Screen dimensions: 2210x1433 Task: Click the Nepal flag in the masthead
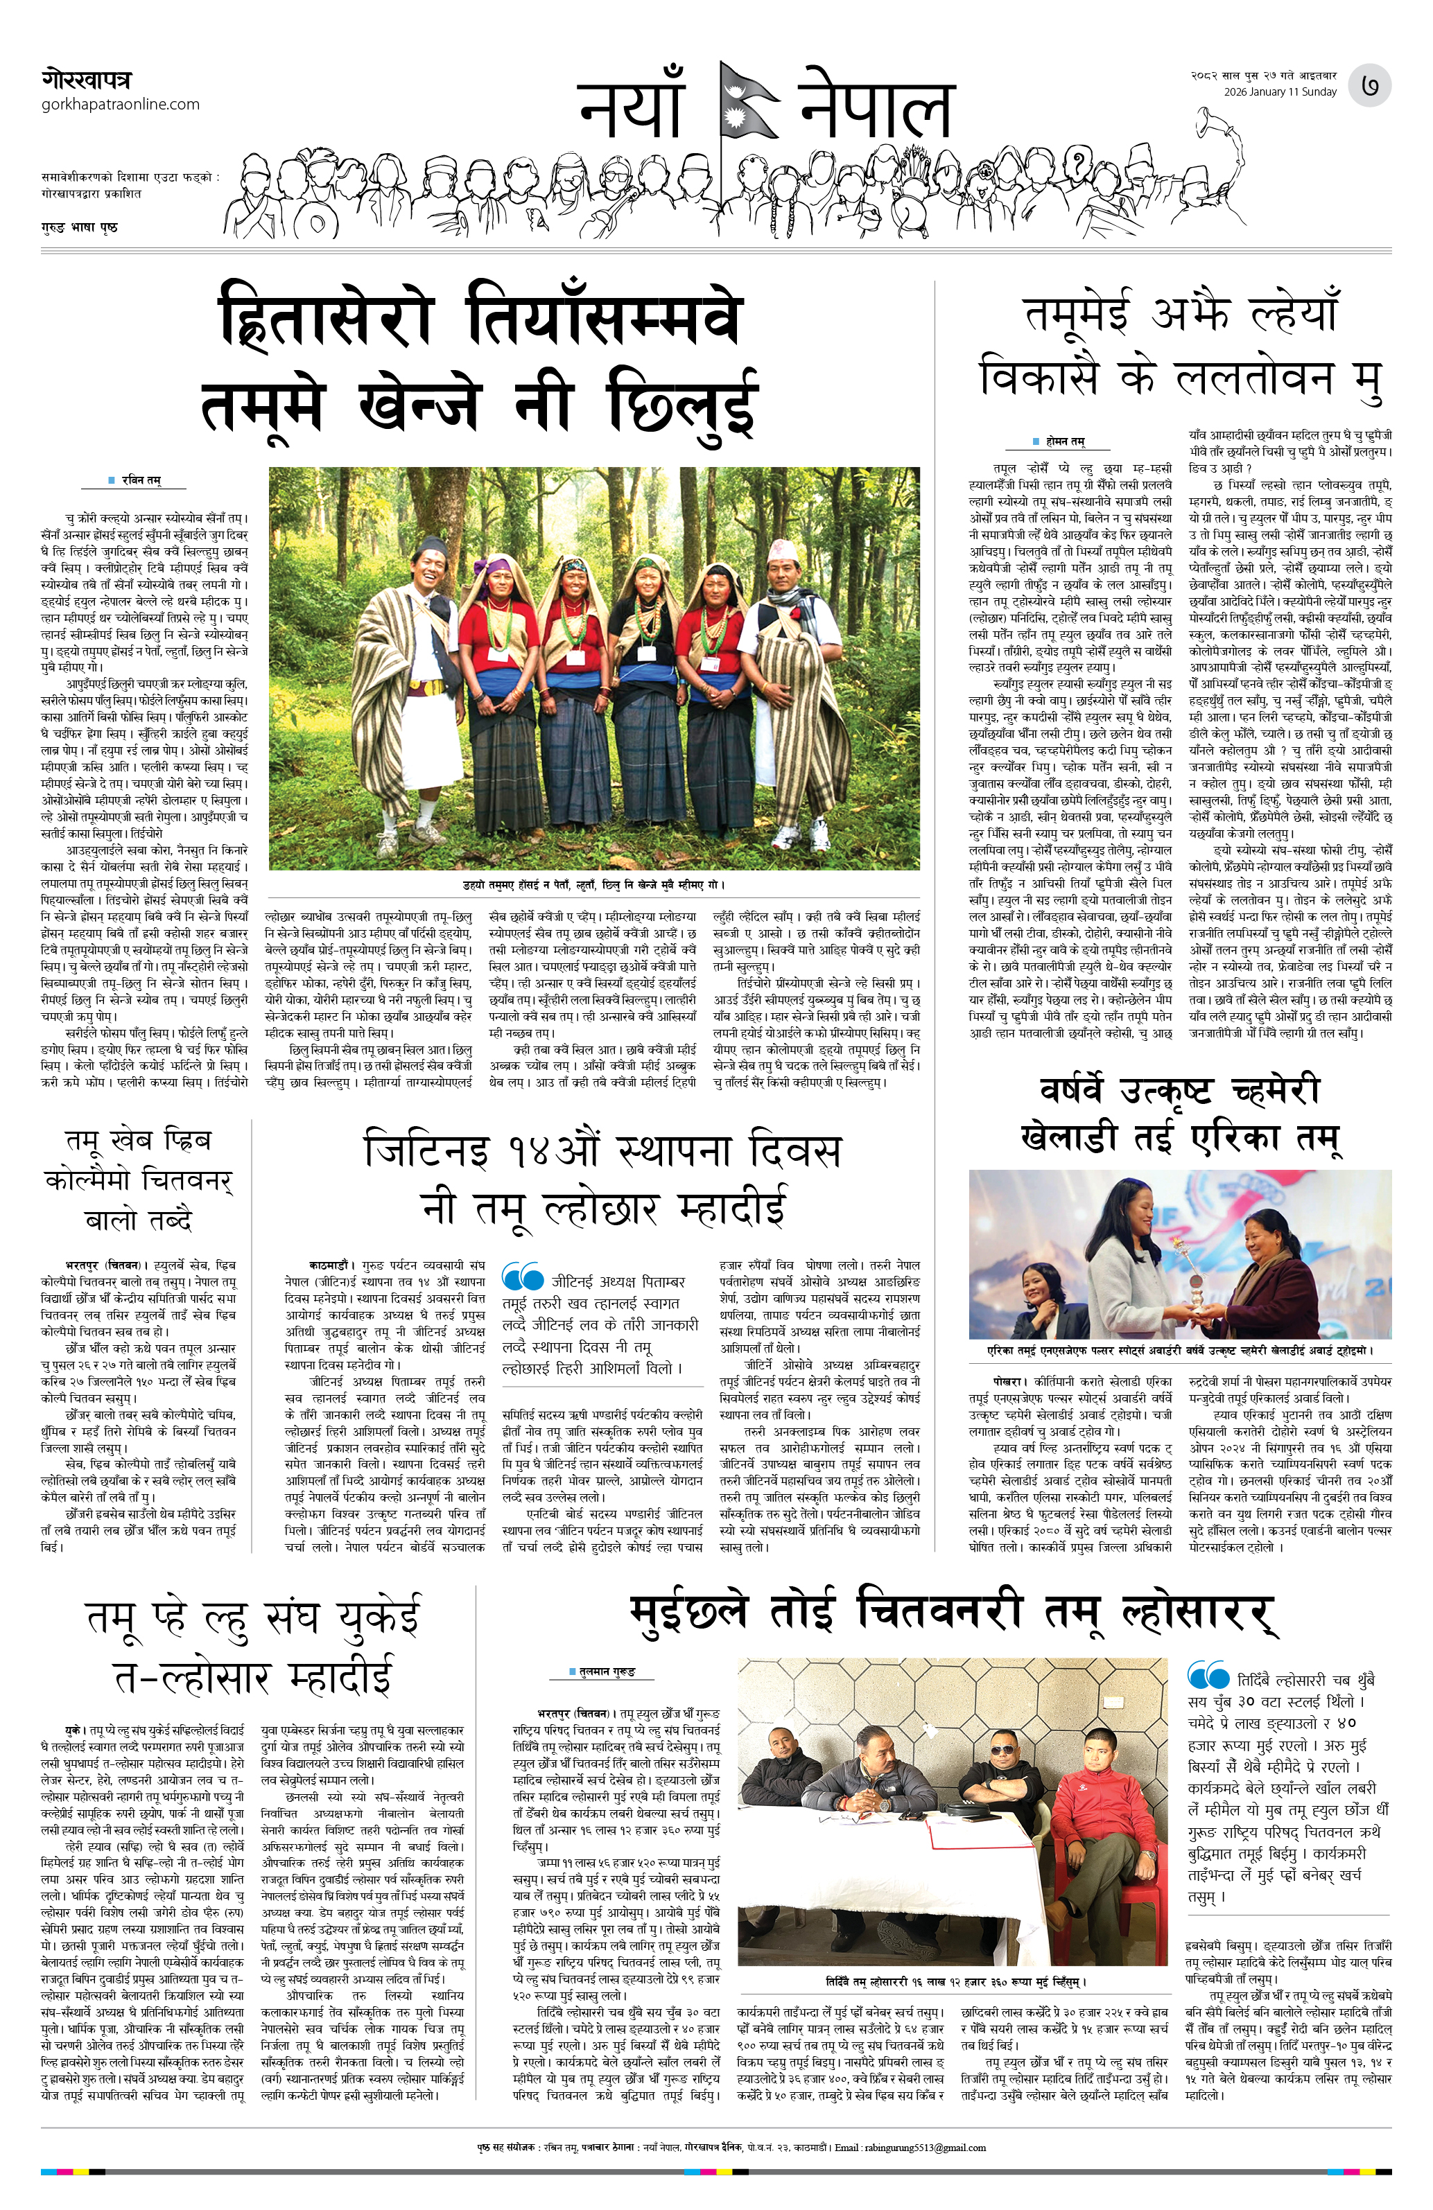click(x=749, y=102)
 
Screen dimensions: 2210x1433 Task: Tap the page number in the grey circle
click(x=1370, y=85)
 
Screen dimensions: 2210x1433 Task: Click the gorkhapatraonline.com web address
click(x=121, y=104)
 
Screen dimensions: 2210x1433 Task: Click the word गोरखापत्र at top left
click(x=87, y=79)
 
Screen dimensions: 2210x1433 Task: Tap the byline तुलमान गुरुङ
click(x=607, y=1672)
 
